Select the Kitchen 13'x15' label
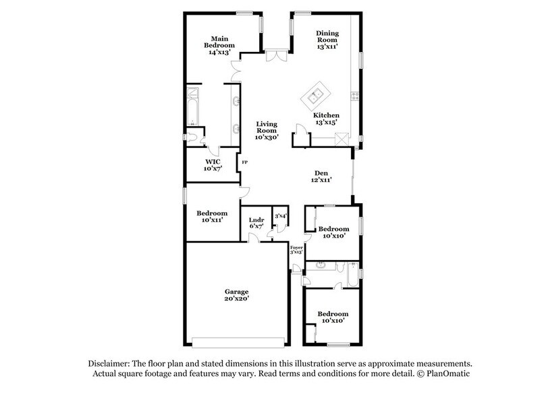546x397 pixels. tap(327, 120)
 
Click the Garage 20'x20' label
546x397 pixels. tap(237, 295)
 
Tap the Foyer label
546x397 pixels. tap(296, 250)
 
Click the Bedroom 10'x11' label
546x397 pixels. tap(211, 216)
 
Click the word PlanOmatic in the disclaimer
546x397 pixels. tap(448, 373)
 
